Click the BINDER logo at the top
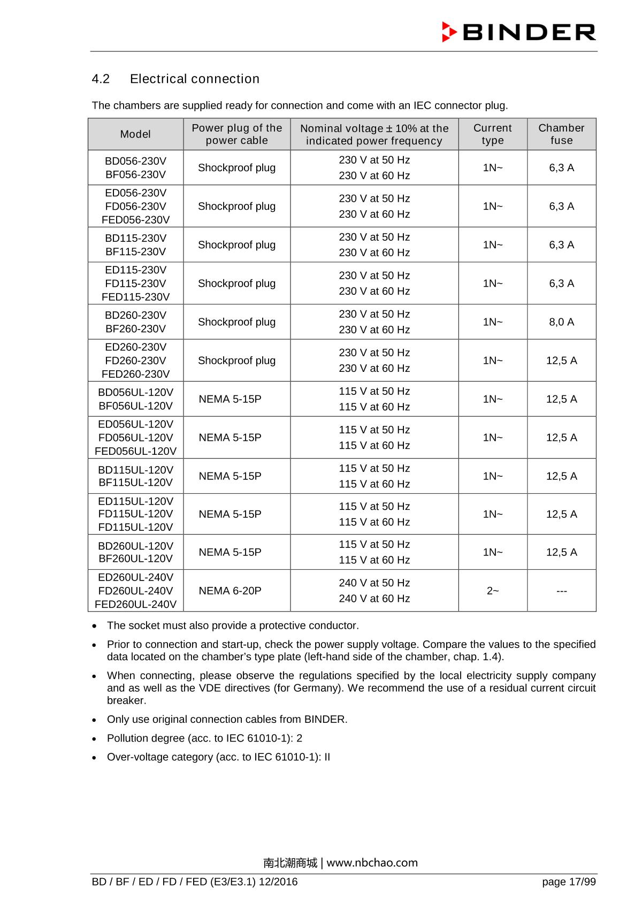518,32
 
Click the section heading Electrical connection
194,79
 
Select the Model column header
135,134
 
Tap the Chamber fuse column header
561,134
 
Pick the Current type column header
492,134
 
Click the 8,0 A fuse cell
561,322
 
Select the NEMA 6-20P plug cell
230,591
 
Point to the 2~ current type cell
492,591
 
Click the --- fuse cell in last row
561,591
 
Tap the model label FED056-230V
135,220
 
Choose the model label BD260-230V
135,315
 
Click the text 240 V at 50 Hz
374,583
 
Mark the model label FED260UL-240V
135,605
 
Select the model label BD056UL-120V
135,392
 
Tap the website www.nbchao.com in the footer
372,863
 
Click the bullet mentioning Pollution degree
204,738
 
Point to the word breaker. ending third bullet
126,700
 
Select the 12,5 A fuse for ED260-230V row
561,361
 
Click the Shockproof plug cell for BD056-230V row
236,168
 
